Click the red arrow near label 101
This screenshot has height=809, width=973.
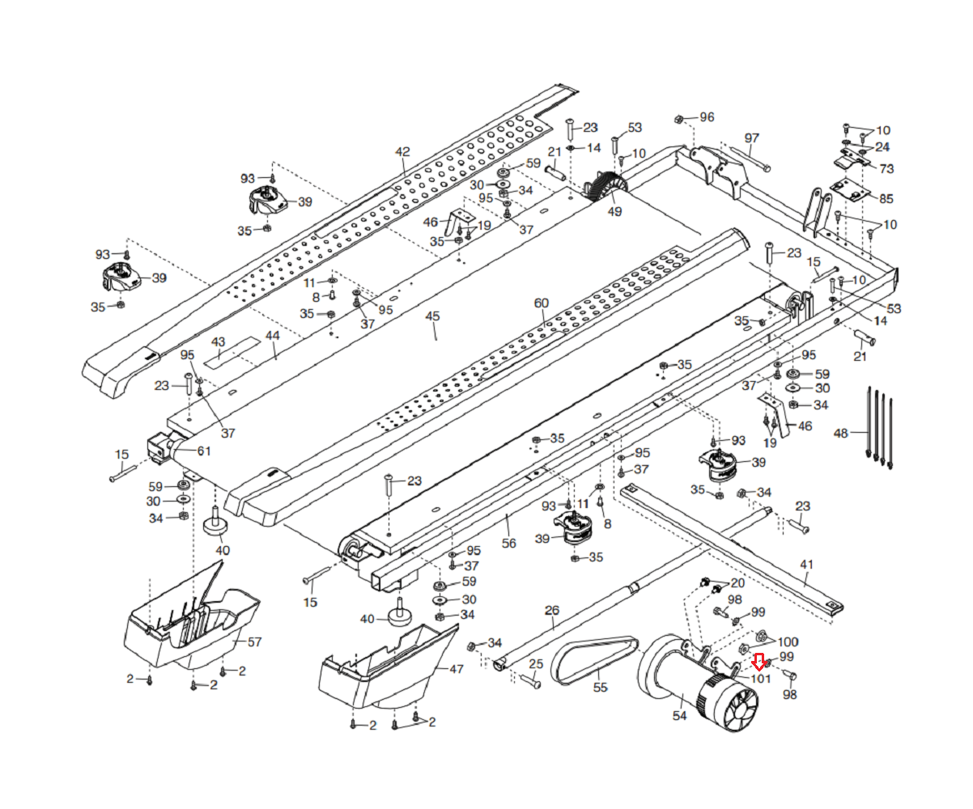759,660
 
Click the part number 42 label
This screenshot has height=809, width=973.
402,152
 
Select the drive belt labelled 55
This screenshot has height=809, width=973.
593,660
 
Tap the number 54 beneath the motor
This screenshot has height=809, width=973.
680,715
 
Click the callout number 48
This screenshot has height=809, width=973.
841,434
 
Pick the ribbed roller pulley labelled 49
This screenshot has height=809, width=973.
605,187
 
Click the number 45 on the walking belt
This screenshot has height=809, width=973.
432,316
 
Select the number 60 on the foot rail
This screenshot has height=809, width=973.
542,303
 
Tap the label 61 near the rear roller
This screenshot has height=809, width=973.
204,451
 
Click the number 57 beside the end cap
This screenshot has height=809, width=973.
254,642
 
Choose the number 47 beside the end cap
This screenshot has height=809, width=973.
457,669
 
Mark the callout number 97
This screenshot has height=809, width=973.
752,138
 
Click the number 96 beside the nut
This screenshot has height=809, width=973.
707,117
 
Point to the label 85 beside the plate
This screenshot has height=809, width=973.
886,198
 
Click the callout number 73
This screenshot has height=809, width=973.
887,168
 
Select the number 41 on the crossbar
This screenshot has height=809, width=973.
806,565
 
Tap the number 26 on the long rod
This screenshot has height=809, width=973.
552,610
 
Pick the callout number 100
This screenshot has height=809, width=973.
788,642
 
